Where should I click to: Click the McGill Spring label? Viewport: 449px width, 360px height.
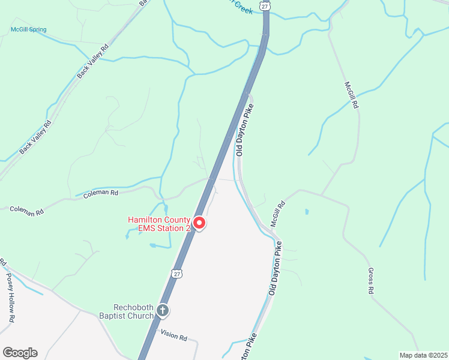(28, 29)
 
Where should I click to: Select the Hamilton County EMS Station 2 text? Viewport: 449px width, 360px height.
(158, 224)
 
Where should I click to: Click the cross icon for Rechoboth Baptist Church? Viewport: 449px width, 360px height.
(162, 310)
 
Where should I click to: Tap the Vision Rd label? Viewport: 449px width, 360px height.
(175, 335)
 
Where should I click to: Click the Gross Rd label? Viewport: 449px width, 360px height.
(371, 281)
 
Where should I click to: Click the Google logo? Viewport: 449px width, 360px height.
(20, 353)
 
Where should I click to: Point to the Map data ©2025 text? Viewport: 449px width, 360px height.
(423, 355)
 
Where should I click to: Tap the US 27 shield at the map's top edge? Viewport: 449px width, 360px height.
(265, 5)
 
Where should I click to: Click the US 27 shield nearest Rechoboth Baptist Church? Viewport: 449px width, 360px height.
(176, 274)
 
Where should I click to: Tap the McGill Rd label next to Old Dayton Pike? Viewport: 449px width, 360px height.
(277, 213)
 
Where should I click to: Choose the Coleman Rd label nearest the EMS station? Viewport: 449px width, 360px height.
(101, 193)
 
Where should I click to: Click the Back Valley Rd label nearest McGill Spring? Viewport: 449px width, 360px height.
(93, 62)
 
